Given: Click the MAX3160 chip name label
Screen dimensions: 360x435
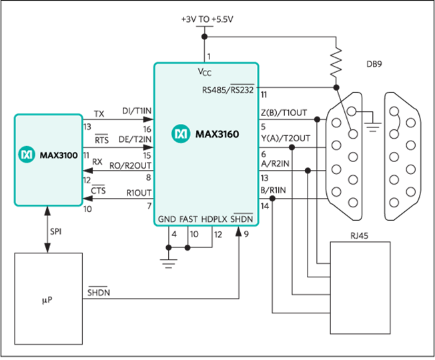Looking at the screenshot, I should [x=217, y=135].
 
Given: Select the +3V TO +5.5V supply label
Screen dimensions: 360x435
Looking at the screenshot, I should [x=207, y=20].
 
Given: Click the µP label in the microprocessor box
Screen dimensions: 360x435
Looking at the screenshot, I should [x=47, y=300].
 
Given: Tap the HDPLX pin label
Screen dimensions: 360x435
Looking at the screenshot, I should [x=214, y=219].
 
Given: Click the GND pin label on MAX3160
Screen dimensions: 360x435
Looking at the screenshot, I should [x=165, y=219].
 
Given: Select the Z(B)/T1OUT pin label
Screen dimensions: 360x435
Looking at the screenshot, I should [x=285, y=113].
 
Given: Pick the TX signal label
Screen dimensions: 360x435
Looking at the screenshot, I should [x=99, y=113].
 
